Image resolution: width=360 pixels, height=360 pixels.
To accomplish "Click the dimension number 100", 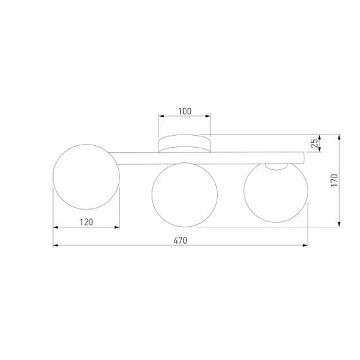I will point(184,111).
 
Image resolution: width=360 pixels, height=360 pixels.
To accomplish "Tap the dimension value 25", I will point(315,143).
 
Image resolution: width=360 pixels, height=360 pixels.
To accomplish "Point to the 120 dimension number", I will point(86,222).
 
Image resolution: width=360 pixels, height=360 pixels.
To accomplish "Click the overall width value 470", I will point(180,240).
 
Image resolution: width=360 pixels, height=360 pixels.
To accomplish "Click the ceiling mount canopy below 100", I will point(184,143).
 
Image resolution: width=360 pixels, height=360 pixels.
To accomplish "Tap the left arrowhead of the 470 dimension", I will point(56,245).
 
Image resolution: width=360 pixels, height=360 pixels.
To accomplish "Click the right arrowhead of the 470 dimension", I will point(305,245).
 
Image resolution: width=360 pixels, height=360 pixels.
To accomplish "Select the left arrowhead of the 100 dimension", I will point(160,117).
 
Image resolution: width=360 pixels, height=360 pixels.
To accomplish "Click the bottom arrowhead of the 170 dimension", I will point(340,224).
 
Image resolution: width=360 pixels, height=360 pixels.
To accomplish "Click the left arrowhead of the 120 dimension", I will point(56,227).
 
